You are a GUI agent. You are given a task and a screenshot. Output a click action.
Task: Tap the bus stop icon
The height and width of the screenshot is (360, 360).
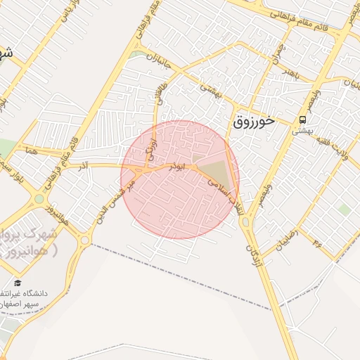coord(302,119)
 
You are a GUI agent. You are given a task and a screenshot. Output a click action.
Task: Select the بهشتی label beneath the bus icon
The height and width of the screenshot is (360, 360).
coord(302,130)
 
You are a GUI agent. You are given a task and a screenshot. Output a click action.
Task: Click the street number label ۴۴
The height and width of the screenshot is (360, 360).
coord(314,245)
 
